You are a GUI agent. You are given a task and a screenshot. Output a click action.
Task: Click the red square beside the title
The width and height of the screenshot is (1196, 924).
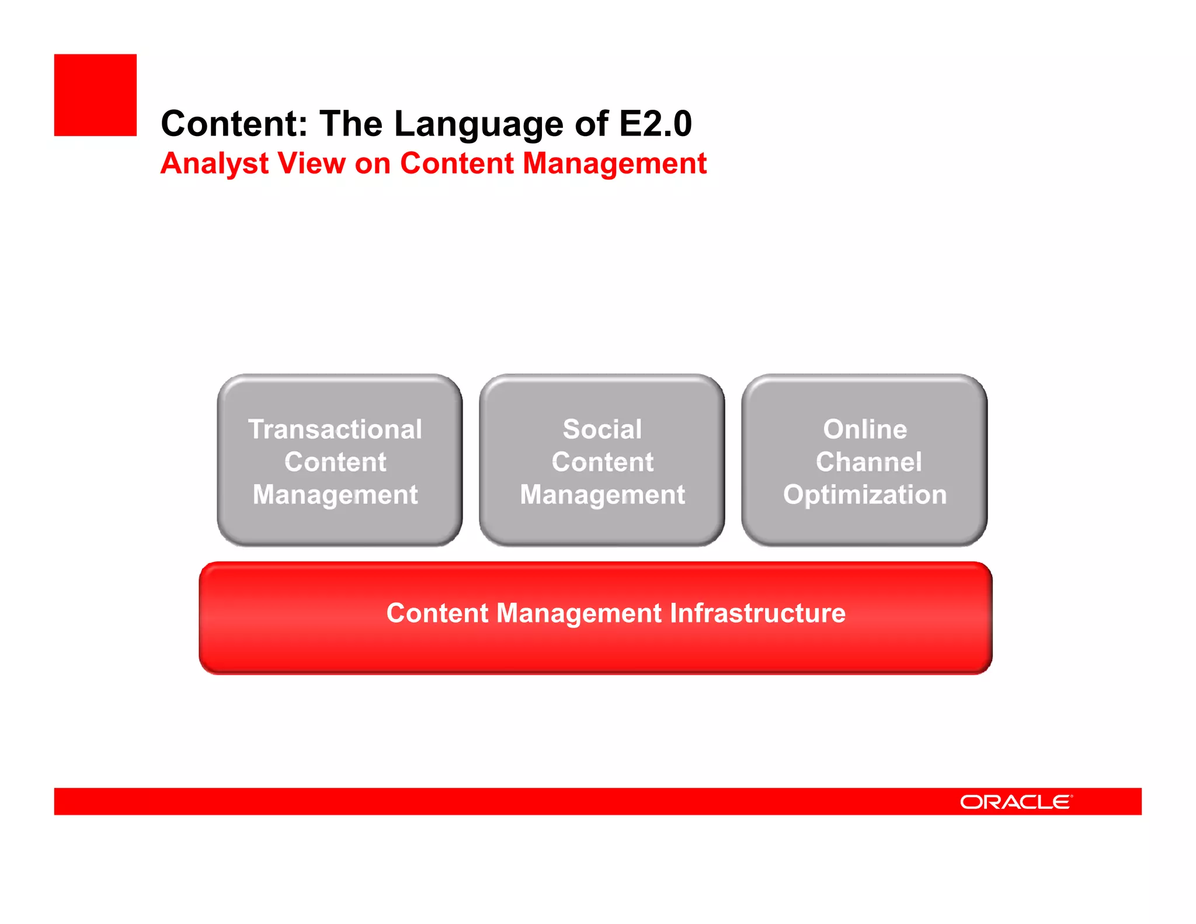click(95, 95)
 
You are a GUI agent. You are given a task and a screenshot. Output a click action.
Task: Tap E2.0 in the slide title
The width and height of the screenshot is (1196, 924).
click(655, 124)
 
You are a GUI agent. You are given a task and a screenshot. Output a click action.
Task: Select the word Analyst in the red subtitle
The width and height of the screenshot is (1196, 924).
click(214, 164)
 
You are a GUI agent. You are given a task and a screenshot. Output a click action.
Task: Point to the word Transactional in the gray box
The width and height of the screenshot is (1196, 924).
click(335, 429)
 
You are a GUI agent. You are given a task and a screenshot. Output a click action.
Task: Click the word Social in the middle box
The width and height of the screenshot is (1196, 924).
click(602, 429)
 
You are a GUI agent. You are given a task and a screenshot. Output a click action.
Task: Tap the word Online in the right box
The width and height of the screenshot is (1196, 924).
click(865, 429)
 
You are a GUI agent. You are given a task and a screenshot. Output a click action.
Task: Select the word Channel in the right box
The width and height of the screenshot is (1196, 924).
click(868, 462)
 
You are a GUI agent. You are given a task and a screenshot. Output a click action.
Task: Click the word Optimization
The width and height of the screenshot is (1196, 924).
click(865, 495)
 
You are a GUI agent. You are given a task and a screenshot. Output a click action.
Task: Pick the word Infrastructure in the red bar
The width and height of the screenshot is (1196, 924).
click(757, 613)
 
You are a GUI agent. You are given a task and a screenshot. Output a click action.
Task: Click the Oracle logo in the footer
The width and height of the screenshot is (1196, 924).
click(1016, 802)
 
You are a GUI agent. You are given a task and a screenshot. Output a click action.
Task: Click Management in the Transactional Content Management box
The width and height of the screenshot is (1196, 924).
click(335, 495)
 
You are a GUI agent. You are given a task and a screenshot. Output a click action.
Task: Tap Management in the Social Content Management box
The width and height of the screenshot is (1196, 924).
click(602, 495)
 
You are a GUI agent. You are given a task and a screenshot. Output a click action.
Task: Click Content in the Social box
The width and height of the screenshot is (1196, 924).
click(602, 462)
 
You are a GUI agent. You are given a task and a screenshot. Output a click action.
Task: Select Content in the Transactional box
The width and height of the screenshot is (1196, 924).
click(335, 462)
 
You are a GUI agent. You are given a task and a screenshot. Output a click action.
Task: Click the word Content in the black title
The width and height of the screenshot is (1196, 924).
click(234, 124)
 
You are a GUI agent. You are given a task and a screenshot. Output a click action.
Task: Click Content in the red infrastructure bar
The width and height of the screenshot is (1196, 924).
click(437, 613)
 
